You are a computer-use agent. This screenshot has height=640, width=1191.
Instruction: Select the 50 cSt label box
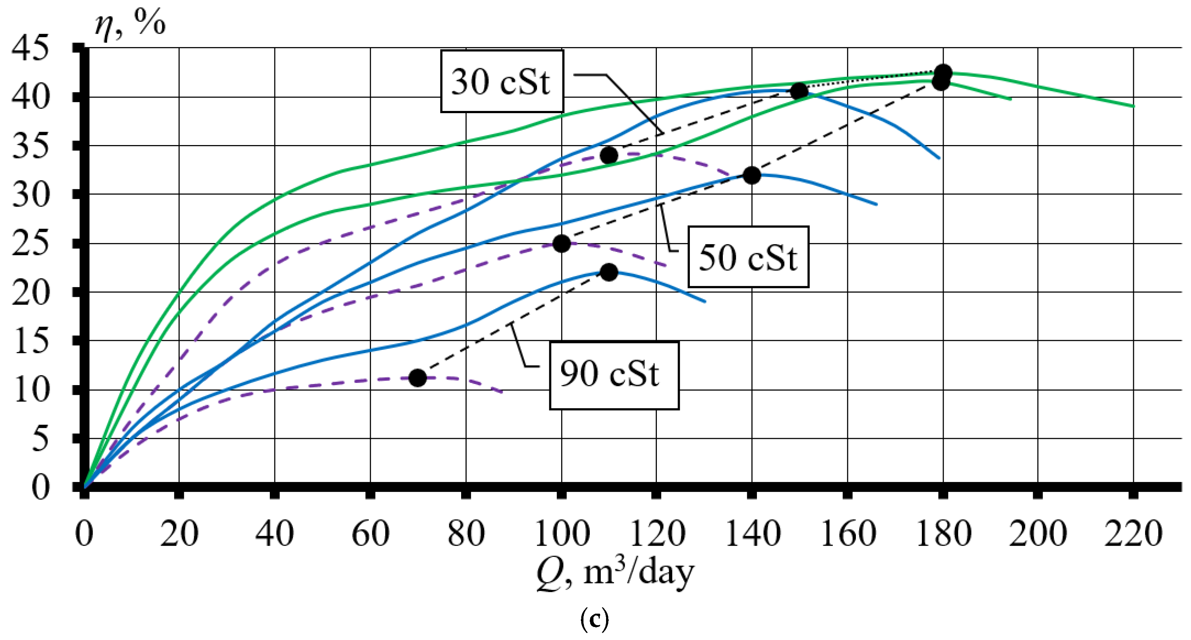(x=748, y=257)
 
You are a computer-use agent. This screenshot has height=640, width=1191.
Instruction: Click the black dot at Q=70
(x=417, y=378)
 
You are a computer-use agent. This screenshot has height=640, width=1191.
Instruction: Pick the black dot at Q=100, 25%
(x=561, y=243)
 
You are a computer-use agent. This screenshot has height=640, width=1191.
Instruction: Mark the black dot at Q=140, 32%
(x=752, y=175)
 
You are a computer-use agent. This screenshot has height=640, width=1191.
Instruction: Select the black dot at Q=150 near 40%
(x=799, y=91)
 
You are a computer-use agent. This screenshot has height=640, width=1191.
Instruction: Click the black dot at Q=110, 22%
(x=609, y=272)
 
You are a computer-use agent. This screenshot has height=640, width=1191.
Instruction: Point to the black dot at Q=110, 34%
(x=609, y=155)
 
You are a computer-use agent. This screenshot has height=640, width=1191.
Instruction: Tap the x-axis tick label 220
(x=1133, y=534)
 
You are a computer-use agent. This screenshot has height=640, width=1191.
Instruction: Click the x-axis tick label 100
(x=562, y=534)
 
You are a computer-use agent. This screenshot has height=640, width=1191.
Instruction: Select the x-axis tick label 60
(x=370, y=534)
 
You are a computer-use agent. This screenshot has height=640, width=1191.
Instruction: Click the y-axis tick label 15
(x=30, y=341)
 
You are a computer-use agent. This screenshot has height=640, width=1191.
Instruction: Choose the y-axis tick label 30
(x=30, y=195)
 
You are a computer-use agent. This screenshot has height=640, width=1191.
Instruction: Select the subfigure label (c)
(x=594, y=619)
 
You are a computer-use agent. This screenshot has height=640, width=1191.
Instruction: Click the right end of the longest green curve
(x=1133, y=106)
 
